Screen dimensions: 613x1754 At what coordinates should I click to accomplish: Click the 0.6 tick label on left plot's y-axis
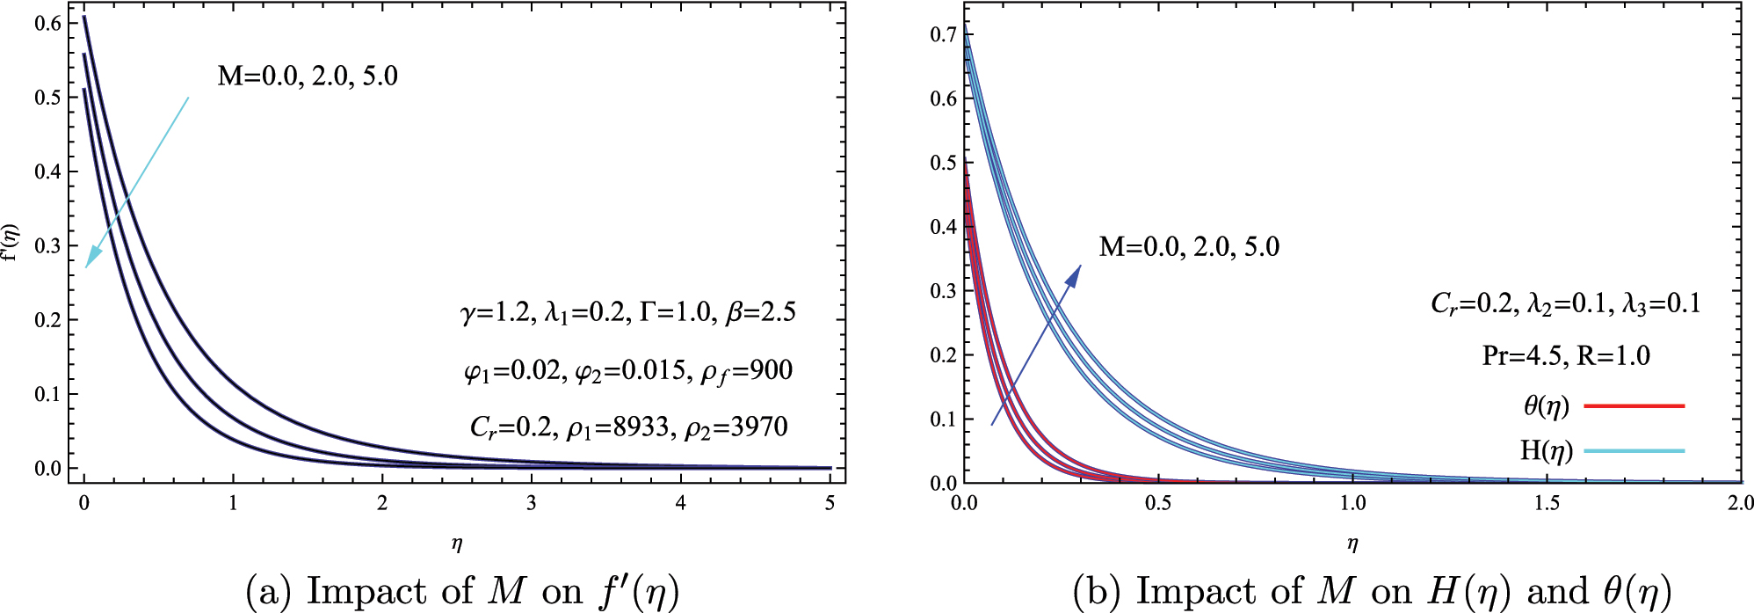[47, 24]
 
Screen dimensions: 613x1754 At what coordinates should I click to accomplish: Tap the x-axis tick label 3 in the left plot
[531, 504]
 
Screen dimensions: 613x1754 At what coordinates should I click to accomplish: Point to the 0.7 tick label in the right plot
[943, 34]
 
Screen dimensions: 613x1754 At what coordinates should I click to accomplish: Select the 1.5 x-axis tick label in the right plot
[1547, 504]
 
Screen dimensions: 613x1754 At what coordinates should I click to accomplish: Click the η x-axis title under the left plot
[456, 544]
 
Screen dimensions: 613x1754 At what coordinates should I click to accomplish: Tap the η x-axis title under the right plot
[1352, 544]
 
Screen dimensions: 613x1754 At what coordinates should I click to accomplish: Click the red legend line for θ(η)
[1634, 406]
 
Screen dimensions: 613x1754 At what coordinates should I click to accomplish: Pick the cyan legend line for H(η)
[1634, 451]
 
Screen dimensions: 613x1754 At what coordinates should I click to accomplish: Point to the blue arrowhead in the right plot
[1074, 274]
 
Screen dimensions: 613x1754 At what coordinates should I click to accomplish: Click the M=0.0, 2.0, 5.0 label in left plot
[308, 77]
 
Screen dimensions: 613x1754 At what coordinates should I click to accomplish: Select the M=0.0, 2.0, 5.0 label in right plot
[1189, 247]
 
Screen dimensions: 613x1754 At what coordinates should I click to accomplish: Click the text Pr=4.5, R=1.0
[1565, 355]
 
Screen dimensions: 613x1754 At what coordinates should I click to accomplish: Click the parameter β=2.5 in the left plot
[760, 312]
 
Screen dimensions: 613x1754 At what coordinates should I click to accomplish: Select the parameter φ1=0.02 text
[511, 370]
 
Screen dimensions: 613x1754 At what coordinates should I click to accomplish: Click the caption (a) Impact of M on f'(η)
[463, 591]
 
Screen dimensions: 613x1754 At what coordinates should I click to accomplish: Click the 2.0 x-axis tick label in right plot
[1739, 504]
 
